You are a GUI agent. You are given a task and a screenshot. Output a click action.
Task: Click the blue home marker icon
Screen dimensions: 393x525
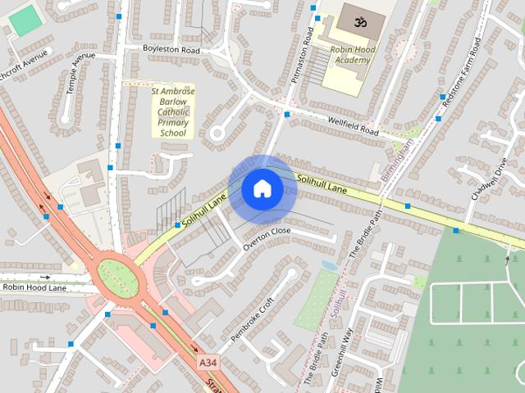coord(262,189)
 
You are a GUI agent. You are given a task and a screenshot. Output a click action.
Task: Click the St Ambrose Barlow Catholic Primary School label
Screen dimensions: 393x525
coord(173,112)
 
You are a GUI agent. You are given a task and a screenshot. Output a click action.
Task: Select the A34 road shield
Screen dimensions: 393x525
coord(208,361)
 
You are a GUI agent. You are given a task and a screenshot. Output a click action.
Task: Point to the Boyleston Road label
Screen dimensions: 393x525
coord(171,50)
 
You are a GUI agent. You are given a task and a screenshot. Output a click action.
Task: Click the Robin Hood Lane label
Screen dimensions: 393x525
coord(34,287)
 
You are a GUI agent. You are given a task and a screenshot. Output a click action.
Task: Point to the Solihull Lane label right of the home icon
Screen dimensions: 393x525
coord(322,184)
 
